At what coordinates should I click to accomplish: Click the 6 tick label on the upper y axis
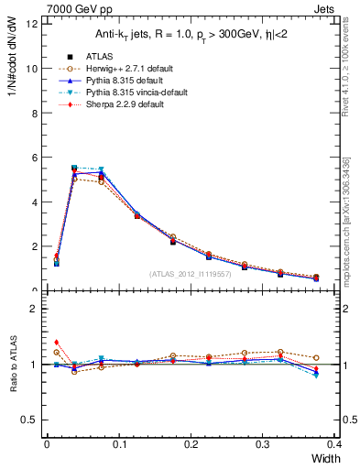pyautogui.click(x=33, y=158)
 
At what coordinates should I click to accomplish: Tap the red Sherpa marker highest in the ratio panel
pyautogui.click(x=57, y=342)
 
